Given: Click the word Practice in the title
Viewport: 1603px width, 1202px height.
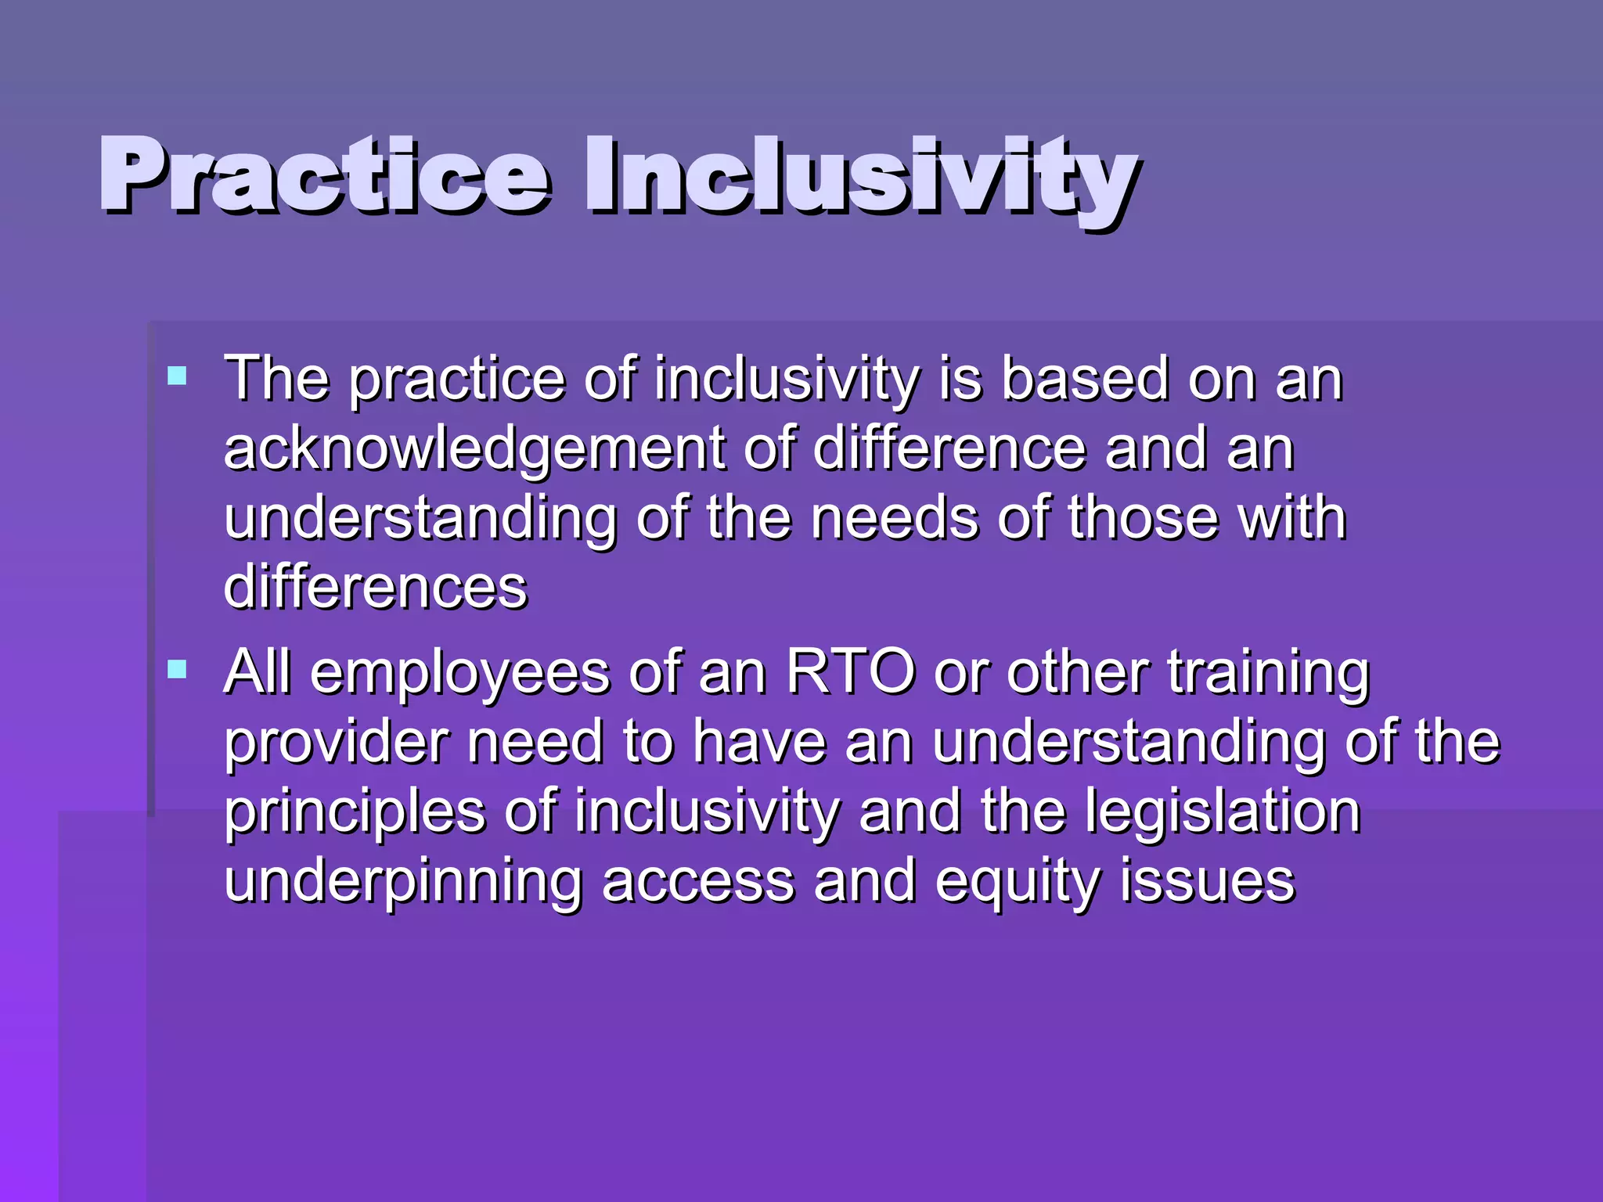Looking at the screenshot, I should (x=325, y=176).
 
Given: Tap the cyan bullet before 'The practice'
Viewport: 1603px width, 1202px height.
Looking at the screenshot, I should (x=178, y=376).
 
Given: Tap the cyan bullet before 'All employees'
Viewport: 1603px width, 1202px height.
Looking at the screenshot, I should (x=178, y=670).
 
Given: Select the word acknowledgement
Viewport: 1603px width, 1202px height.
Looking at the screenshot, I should (x=474, y=450).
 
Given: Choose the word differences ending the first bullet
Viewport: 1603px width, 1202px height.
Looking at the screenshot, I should (x=376, y=588).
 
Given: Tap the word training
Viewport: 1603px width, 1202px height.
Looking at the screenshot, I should (x=1269, y=675).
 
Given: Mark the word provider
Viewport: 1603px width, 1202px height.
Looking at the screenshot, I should (x=337, y=743).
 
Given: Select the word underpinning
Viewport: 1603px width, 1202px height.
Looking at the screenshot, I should (x=403, y=883).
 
